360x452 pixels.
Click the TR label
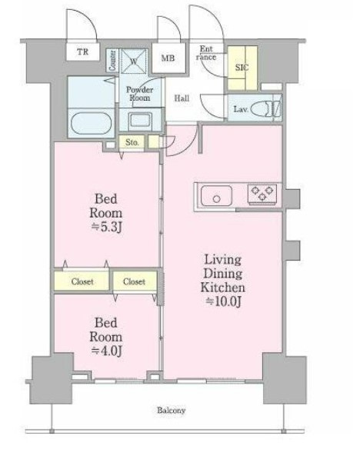coord(83,52)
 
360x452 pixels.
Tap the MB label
coord(168,58)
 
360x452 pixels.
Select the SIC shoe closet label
coord(242,68)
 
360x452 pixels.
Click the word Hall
coord(182,98)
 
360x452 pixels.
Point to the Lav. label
coord(241,109)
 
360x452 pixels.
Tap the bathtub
coord(91,123)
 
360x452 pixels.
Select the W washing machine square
coord(134,61)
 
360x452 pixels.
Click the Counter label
coord(113,61)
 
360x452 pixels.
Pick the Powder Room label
coord(140,94)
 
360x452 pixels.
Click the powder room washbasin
coord(140,121)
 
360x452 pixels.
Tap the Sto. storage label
coord(132,142)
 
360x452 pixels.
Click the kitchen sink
coord(216,196)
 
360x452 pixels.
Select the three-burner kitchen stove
coord(262,194)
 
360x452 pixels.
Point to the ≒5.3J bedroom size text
coord(107,228)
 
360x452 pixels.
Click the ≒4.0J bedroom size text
coord(106,351)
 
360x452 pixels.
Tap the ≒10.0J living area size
coord(223,301)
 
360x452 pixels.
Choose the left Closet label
coord(82,281)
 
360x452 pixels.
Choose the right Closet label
coord(134,281)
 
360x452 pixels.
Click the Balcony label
coord(171,410)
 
